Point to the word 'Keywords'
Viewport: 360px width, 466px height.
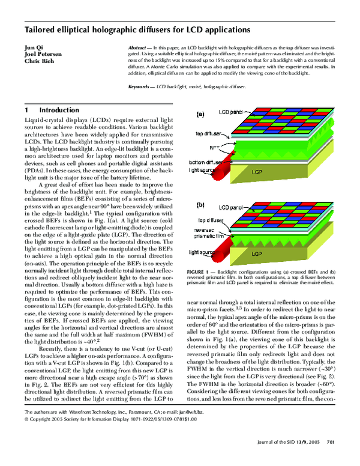[x=142, y=87]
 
